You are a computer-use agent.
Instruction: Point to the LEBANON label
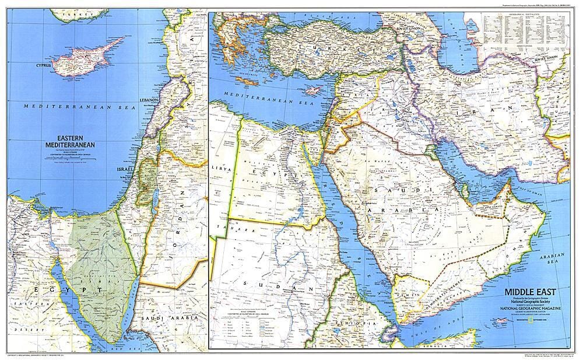(149, 100)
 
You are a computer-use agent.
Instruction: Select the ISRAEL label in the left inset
(127, 169)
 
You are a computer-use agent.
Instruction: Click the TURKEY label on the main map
(332, 47)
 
